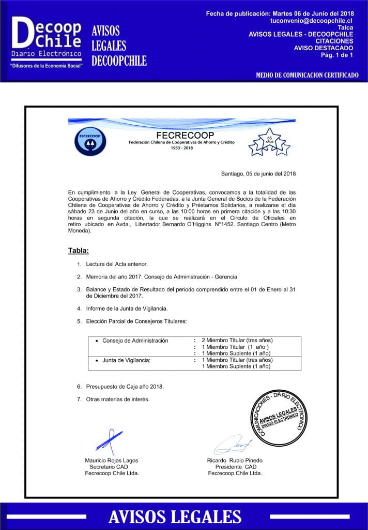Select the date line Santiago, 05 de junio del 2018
click(x=258, y=173)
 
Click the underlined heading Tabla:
click(x=79, y=251)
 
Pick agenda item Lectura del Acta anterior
click(x=117, y=264)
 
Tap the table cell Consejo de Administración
click(x=135, y=341)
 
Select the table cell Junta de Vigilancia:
click(x=126, y=360)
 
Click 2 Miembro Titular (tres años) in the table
click(x=237, y=341)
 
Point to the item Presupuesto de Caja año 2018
click(x=125, y=386)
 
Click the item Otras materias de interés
click(x=118, y=399)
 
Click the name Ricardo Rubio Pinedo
click(x=235, y=461)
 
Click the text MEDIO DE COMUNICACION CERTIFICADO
click(x=307, y=76)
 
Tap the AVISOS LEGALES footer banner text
click(x=175, y=517)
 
